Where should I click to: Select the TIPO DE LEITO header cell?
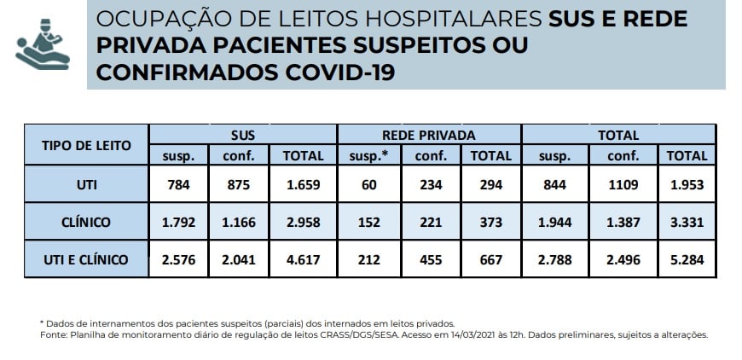pyautogui.click(x=86, y=145)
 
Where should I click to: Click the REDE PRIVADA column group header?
pyautogui.click(x=429, y=135)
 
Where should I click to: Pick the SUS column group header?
pyautogui.click(x=243, y=135)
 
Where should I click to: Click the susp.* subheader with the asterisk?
pyautogui.click(x=368, y=156)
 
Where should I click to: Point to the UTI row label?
pyautogui.click(x=86, y=183)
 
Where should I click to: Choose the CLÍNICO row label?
pyautogui.click(x=86, y=221)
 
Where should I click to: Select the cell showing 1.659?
pyautogui.click(x=303, y=183)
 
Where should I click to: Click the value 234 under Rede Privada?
pyautogui.click(x=430, y=183)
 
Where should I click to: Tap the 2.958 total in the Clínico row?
pyautogui.click(x=303, y=221)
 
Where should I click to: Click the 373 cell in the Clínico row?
pyautogui.click(x=491, y=221)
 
